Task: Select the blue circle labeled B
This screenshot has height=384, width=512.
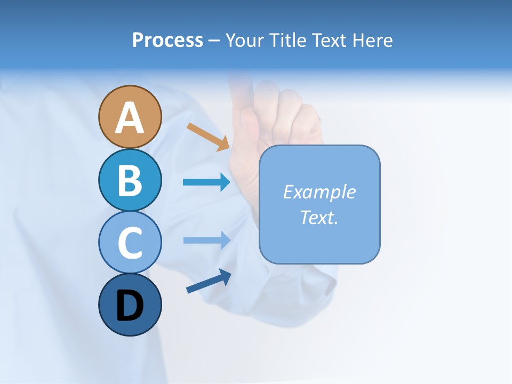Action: tap(130, 180)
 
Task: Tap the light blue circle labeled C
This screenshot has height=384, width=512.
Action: tap(130, 242)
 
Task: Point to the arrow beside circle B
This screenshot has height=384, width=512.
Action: tap(206, 182)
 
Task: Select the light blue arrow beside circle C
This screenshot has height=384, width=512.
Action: tap(206, 240)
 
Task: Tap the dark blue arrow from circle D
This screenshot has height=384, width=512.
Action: tap(209, 281)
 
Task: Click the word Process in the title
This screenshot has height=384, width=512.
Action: tap(167, 40)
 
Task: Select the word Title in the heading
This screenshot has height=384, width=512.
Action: tap(289, 40)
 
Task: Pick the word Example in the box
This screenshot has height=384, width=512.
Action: tap(319, 192)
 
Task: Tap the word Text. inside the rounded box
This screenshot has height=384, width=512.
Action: tap(319, 217)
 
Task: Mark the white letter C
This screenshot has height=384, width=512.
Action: tap(130, 243)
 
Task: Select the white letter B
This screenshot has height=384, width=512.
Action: tap(130, 180)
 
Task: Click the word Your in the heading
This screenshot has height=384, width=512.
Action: tap(246, 40)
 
